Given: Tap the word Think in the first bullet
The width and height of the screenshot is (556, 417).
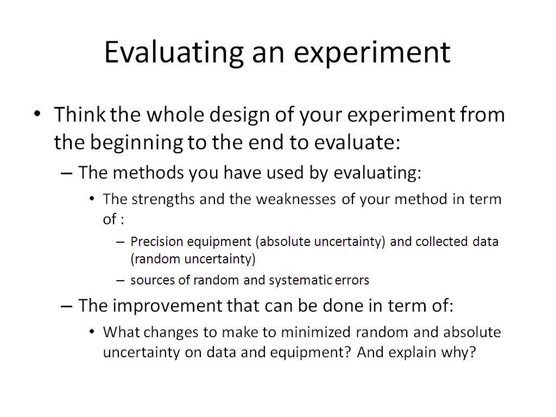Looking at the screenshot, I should (80, 115).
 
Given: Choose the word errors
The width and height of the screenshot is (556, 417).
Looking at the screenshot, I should (352, 281).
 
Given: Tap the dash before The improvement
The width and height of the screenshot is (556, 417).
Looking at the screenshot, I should (67, 306).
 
